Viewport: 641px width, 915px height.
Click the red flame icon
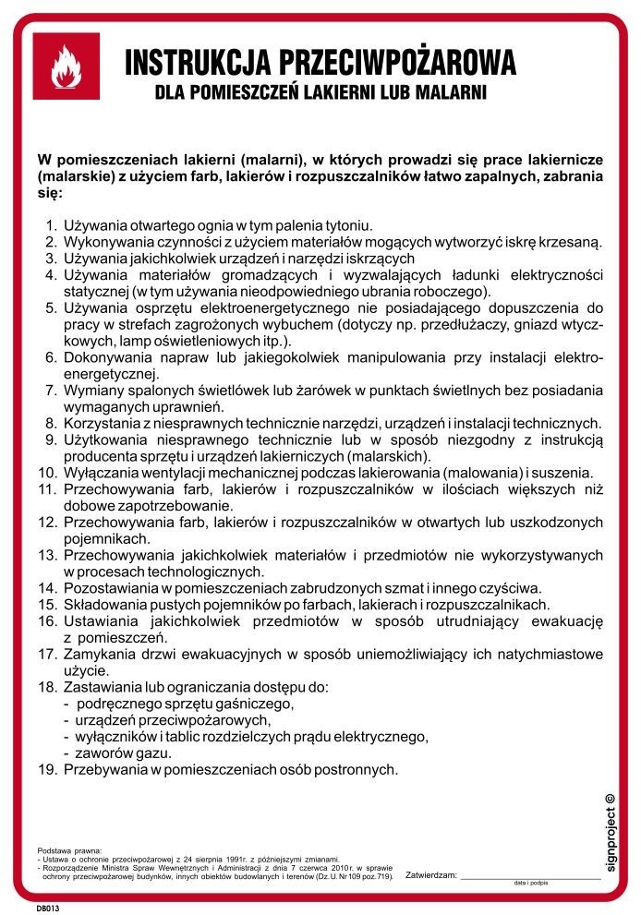66,66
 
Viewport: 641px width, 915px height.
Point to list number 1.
50,225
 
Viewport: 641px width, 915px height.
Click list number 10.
47,472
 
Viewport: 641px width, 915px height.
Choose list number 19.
47,768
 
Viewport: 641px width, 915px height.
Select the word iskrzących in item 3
381,259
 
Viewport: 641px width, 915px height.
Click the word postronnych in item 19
358,768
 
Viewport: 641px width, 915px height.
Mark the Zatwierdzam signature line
530,875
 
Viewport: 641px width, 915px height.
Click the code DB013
48,909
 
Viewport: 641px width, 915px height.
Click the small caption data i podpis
533,884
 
